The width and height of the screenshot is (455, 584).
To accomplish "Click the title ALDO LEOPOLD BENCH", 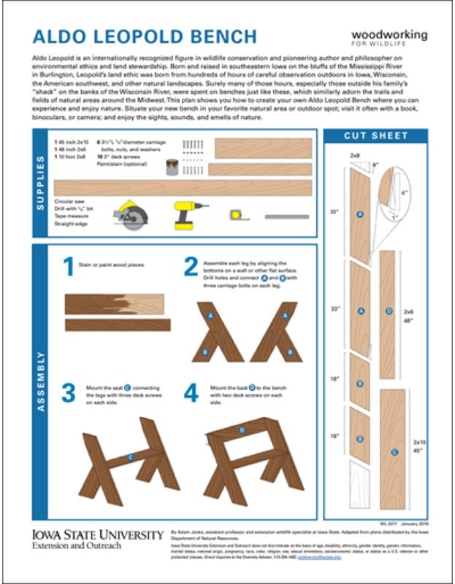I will (145, 37).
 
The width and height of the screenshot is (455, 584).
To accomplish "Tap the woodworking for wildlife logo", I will (389, 39).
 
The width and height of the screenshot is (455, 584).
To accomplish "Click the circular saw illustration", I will (131, 215).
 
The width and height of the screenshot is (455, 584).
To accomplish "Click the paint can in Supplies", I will (171, 167).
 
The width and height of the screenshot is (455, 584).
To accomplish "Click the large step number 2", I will (191, 268).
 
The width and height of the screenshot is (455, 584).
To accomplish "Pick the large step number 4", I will (191, 393).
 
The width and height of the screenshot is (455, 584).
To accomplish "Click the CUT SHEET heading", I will (375, 136).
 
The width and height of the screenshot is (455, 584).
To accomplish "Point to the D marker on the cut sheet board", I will (389, 311).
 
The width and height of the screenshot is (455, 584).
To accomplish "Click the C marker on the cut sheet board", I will (394, 452).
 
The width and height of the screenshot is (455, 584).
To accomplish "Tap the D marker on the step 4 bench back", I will (242, 431).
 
